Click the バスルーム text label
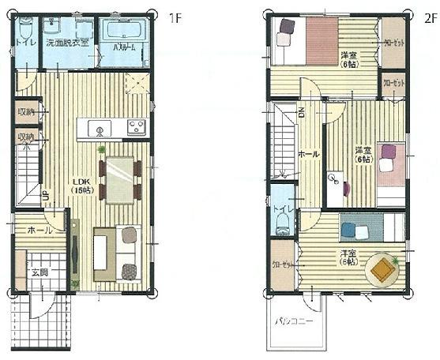pos(120,48)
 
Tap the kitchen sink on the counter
pos(100,128)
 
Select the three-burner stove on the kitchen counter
pos(135,127)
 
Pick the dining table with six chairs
pos(119,178)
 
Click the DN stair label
pos(301,113)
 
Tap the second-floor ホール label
pos(307,154)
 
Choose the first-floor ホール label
pos(39,231)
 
